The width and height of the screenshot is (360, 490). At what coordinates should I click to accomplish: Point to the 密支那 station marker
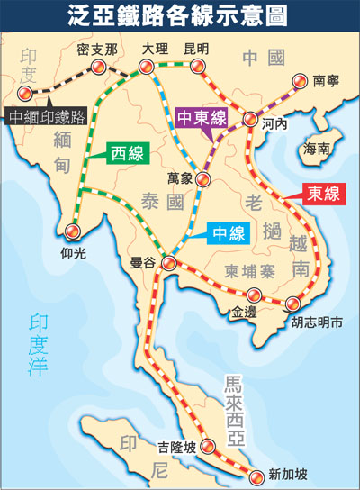[x=97, y=68]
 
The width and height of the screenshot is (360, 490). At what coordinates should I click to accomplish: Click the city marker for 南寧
[x=301, y=82]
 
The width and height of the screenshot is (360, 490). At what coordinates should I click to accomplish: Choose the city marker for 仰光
[x=70, y=220]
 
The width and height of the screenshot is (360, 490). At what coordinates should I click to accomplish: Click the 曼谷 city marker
[x=168, y=261]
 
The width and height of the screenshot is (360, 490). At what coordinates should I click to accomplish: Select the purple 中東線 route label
[x=202, y=119]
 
